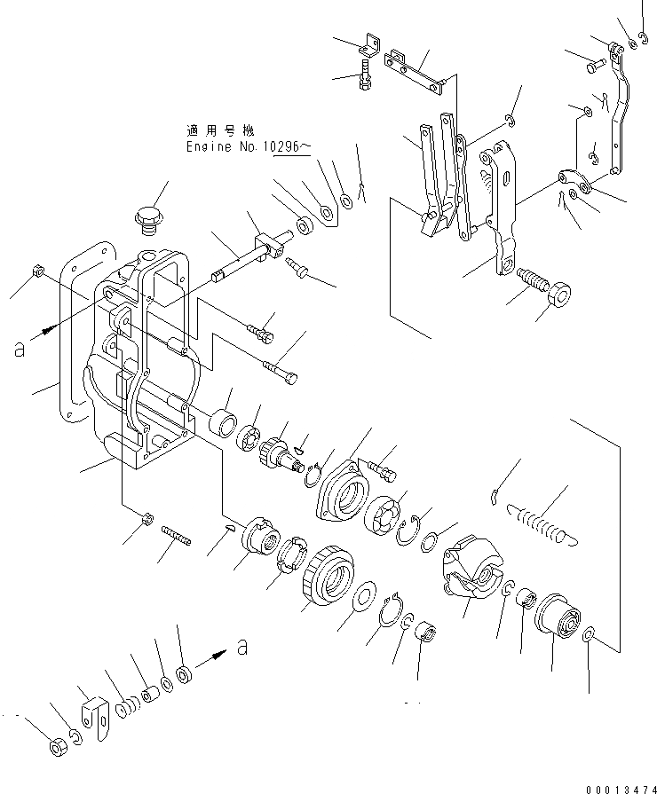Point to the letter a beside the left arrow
point(19,350)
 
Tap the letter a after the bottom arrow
point(241,649)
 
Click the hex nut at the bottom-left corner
point(58,748)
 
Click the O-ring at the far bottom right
point(590,635)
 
